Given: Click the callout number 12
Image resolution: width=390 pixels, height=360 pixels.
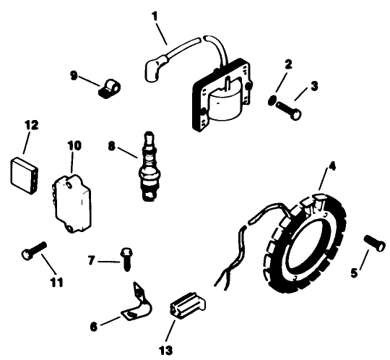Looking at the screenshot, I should coord(30,125).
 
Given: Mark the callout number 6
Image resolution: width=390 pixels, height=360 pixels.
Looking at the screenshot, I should coord(94,326).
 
